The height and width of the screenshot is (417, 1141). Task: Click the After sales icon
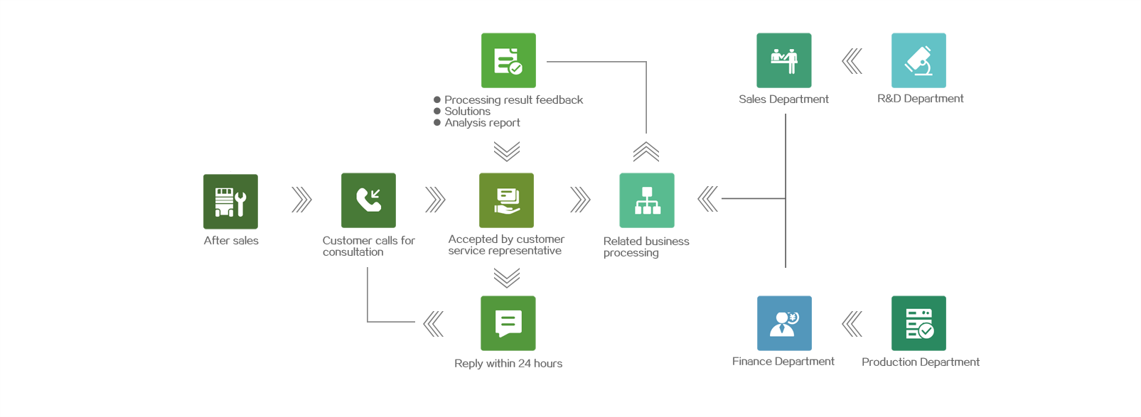(230, 201)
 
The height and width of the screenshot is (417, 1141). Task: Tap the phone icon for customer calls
(368, 200)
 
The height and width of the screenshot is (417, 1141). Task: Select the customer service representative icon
(506, 200)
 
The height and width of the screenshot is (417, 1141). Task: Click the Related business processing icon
(647, 200)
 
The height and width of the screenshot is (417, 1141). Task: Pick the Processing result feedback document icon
(508, 60)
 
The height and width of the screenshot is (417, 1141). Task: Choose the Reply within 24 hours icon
(508, 323)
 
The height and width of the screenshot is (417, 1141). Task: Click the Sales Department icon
(784, 60)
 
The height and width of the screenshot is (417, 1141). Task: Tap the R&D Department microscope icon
(918, 60)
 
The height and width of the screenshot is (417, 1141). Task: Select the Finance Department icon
(784, 323)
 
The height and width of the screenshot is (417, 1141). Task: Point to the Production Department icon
(918, 323)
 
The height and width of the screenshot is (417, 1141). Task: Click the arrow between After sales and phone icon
(301, 200)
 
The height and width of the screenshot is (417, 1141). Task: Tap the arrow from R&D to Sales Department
(852, 61)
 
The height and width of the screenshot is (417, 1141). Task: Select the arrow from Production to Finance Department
(852, 324)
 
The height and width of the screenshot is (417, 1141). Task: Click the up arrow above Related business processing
(646, 151)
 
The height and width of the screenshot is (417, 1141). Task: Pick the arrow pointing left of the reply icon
(433, 323)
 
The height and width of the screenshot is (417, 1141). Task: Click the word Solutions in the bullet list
(467, 112)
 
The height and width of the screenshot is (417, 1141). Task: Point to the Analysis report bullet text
(482, 123)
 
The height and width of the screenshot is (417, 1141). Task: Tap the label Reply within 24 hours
(508, 364)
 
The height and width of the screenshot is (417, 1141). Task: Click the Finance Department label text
(783, 362)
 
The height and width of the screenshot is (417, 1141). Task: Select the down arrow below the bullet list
(507, 151)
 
